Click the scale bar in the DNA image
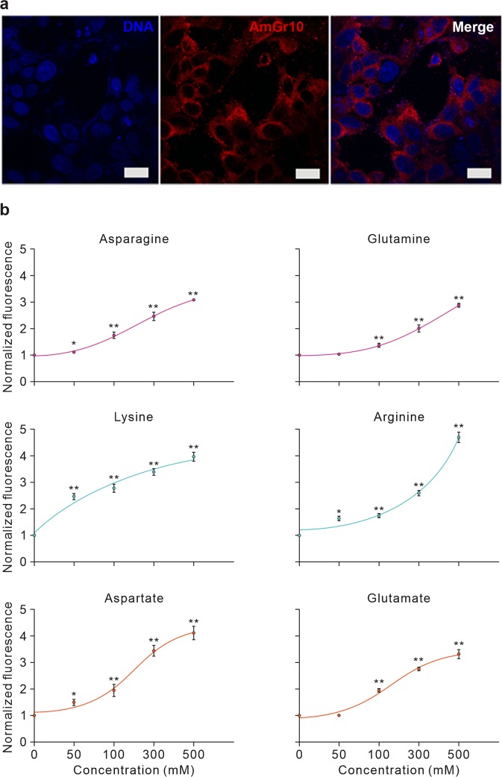[x=137, y=173]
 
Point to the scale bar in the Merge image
[x=479, y=173]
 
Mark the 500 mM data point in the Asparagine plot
[x=194, y=300]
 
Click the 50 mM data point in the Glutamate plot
[x=339, y=715]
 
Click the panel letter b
[x=6, y=211]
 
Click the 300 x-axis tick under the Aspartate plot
[x=154, y=750]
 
